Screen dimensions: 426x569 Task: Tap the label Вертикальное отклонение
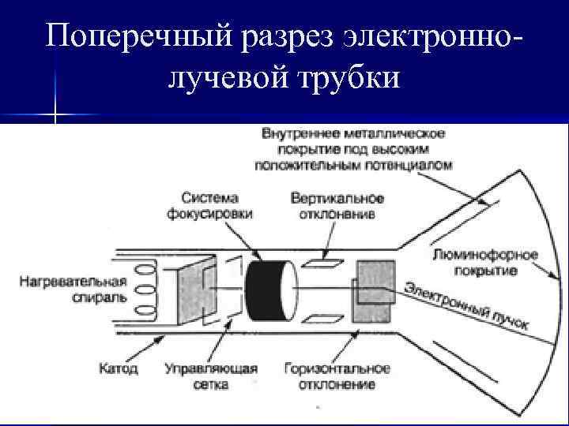pyautogui.click(x=337, y=205)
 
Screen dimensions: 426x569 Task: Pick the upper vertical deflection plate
pyautogui.click(x=319, y=258)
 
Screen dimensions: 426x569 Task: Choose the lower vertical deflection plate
pyautogui.click(x=319, y=319)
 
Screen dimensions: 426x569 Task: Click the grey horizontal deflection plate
pyautogui.click(x=372, y=291)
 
